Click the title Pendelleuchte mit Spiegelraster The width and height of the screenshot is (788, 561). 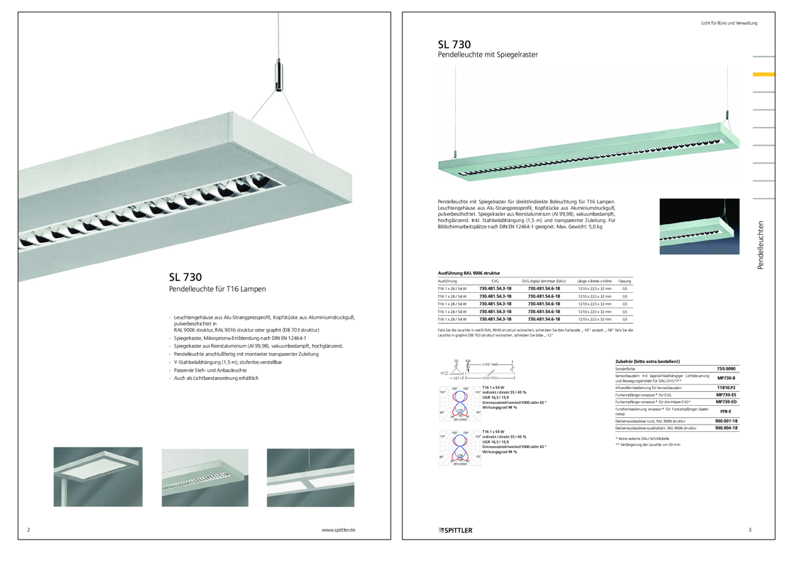(488, 55)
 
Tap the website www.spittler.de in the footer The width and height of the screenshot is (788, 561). (338, 530)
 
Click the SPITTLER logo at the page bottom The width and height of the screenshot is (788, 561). (456, 530)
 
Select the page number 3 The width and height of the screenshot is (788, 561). (750, 530)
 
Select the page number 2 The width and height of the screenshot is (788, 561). (28, 530)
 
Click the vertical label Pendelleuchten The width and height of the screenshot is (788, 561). (761, 245)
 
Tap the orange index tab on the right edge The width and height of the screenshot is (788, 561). (763, 74)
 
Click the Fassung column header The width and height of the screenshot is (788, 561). (624, 282)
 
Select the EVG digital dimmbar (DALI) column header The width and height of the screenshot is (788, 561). (543, 282)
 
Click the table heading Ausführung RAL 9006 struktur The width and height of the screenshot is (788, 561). (469, 273)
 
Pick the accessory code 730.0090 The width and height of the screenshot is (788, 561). (726, 368)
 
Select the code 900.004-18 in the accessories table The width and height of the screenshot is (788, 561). (726, 428)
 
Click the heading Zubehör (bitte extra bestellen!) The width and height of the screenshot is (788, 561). (647, 361)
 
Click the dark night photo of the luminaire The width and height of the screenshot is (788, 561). (699, 226)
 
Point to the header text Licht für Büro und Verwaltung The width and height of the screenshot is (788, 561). (729, 23)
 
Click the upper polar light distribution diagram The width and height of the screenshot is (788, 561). (459, 404)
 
